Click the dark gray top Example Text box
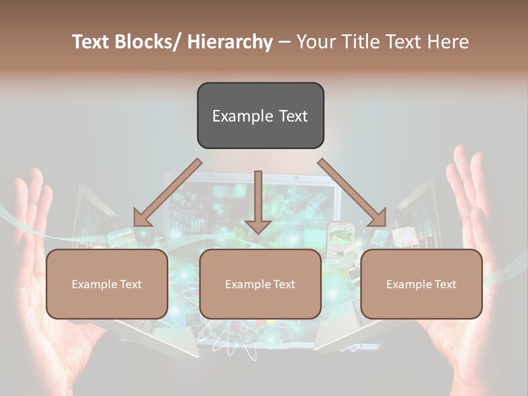260,116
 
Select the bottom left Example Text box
107,284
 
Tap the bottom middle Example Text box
260,284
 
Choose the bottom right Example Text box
421,284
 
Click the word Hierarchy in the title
230,42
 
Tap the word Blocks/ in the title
147,42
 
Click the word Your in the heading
315,42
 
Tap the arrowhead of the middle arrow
258,226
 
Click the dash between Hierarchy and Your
284,42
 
